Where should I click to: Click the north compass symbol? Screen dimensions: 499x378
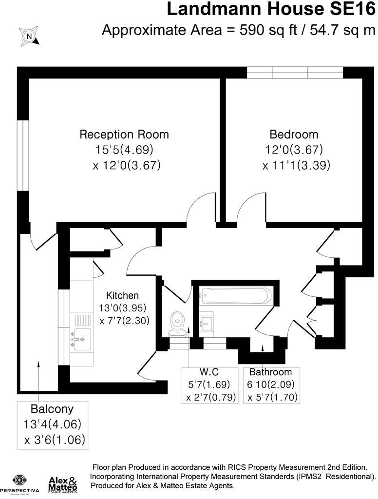29,35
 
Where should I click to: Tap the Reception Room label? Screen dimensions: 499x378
124,134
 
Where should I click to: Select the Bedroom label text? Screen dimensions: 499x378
294,134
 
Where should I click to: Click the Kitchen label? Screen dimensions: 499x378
123,295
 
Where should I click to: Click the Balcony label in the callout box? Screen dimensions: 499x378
52,408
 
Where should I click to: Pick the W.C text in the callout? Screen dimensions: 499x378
210,372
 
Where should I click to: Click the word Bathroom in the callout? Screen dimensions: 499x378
271,372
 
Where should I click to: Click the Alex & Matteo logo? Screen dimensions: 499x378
63,484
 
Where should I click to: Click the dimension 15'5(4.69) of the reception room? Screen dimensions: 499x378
126,150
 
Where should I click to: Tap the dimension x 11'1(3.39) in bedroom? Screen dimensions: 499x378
296,165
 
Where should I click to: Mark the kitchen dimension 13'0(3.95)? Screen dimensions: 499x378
123,308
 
